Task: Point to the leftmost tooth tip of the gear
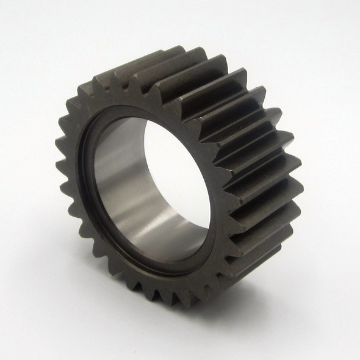coord(57,145)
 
